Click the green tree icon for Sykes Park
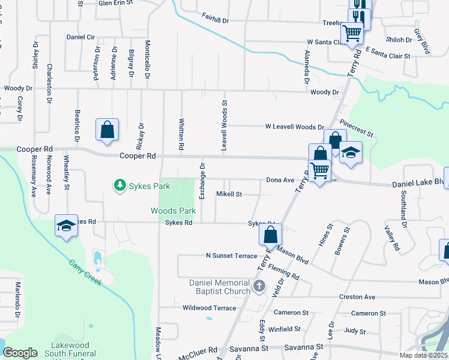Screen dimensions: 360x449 tap(120, 185)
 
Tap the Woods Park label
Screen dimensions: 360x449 tap(173, 211)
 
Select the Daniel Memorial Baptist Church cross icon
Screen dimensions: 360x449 tap(259, 286)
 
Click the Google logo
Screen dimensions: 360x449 tap(20, 352)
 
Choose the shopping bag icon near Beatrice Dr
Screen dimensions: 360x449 tap(107, 130)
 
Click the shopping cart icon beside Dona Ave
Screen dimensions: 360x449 tap(320, 172)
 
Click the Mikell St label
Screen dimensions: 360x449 tap(229, 194)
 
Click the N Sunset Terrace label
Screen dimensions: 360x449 tap(231, 256)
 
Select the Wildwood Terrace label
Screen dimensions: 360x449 tap(209, 308)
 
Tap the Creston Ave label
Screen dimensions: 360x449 tap(357, 297)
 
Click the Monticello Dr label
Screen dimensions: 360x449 tap(146, 60)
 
